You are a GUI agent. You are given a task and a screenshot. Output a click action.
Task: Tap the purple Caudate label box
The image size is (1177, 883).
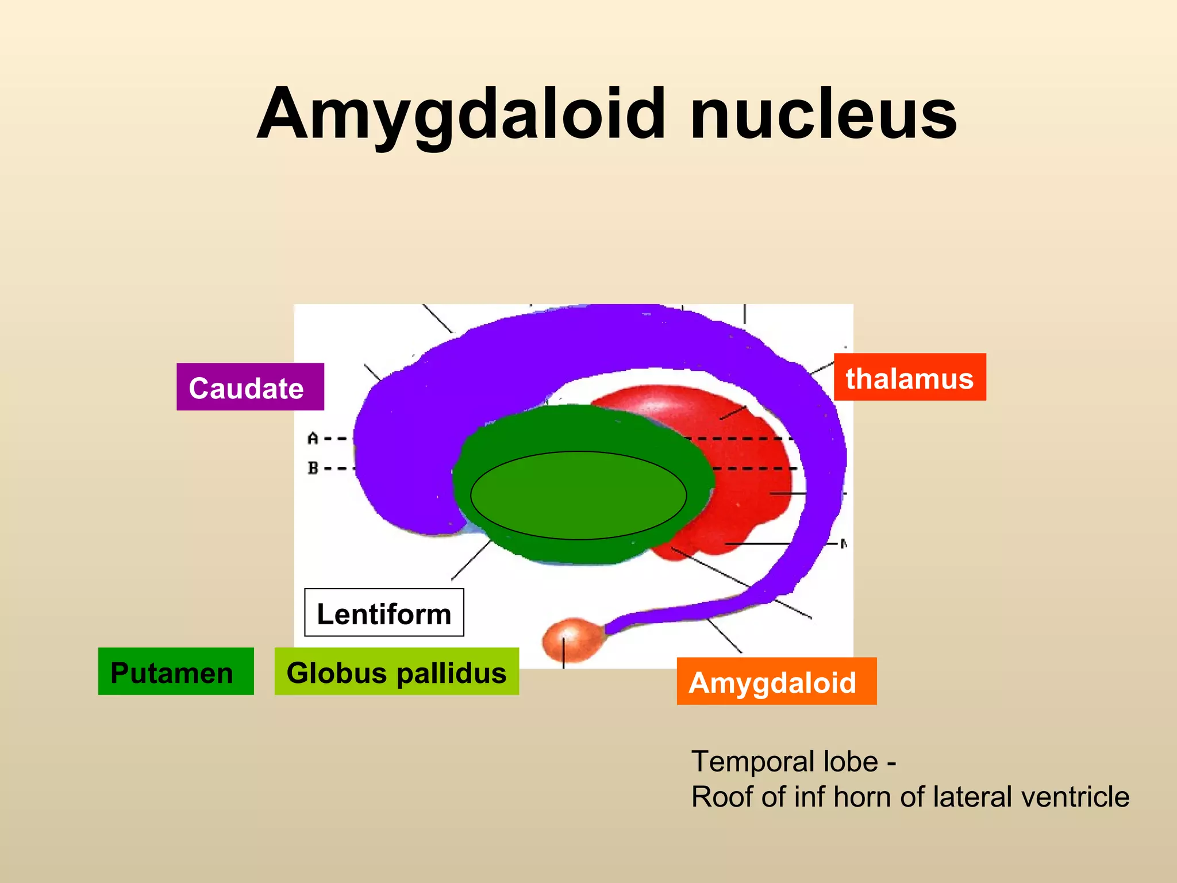tap(250, 387)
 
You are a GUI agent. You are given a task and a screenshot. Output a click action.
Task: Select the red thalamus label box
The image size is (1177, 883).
tap(909, 377)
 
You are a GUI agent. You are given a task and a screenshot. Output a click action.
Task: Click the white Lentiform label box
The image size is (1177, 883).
tap(384, 613)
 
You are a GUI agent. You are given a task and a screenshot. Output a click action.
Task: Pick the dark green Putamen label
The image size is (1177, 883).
tap(175, 671)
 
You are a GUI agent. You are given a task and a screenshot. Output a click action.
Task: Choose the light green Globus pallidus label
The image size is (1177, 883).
tap(396, 671)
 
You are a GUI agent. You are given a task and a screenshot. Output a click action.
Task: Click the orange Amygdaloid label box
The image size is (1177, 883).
tap(776, 681)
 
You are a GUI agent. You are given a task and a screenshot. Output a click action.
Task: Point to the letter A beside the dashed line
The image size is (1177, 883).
tap(313, 439)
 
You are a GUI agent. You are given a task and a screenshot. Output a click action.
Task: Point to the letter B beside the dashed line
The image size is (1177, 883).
tap(313, 468)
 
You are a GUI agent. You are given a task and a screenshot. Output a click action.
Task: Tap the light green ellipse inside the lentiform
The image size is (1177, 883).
tap(578, 495)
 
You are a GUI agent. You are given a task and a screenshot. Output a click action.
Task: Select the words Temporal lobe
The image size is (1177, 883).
tap(784, 762)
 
